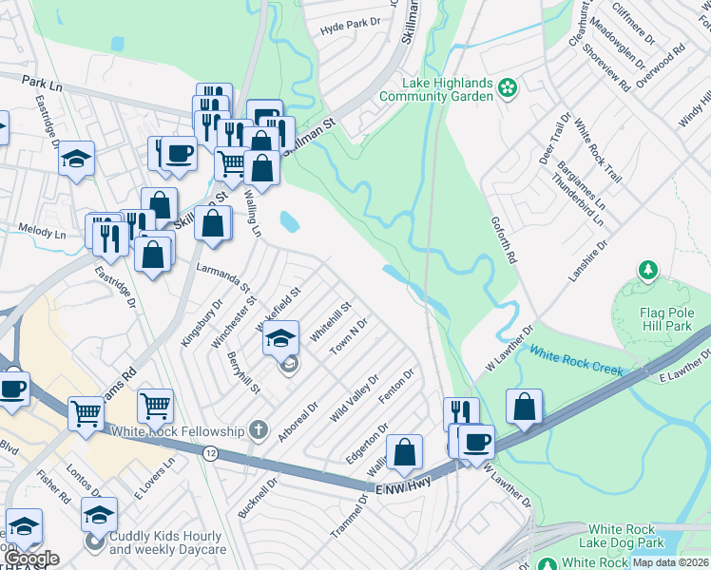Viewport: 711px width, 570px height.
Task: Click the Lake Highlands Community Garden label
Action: pos(435,88)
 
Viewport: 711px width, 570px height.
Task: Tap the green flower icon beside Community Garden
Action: pos(508,88)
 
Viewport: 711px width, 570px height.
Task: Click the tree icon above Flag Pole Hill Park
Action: pos(648,272)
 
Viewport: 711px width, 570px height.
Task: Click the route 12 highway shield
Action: pos(209,455)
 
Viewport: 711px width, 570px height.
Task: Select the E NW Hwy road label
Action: pos(403,485)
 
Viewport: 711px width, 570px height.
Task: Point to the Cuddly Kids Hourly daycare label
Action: pos(168,542)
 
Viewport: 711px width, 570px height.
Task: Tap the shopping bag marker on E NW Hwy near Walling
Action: pos(405,452)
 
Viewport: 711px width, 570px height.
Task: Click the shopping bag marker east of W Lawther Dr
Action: pos(524,406)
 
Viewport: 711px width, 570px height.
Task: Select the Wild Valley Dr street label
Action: pos(355,398)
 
